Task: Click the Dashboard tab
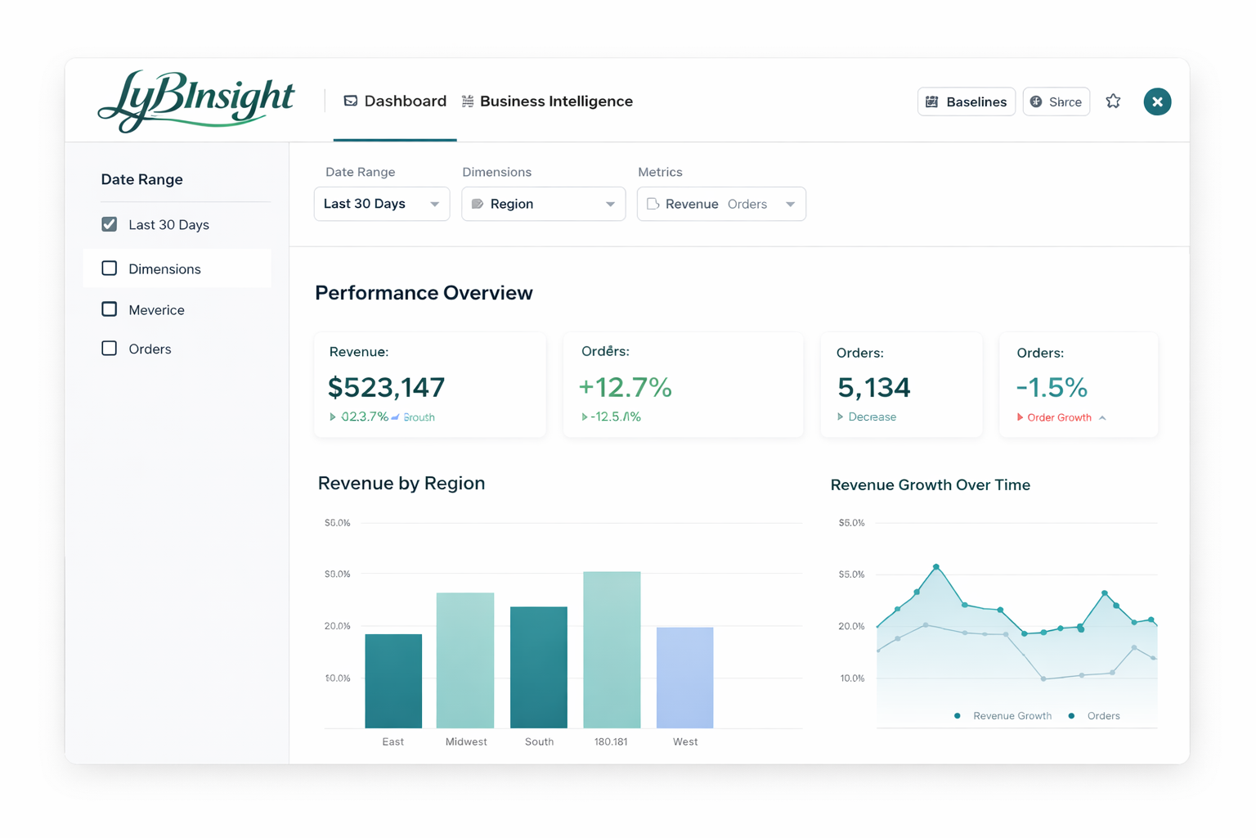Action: pos(395,101)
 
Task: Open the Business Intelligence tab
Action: pos(547,101)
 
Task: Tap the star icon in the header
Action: pos(1113,101)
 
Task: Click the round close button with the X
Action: pos(1157,101)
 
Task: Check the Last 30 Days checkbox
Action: pos(110,224)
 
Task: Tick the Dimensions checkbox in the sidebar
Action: pos(110,268)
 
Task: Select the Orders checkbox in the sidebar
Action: pos(110,349)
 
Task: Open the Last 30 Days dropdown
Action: pos(381,204)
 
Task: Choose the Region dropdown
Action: pos(543,204)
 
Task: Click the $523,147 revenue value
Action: pos(386,387)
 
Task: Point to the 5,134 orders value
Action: pos(873,387)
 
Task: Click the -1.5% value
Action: pos(1052,387)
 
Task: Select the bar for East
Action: pos(393,681)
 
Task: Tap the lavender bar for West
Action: pos(685,678)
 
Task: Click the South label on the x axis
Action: pos(539,741)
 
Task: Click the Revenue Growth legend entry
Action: pos(1012,716)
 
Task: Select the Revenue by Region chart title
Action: pos(401,483)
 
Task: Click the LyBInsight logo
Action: pos(196,101)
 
